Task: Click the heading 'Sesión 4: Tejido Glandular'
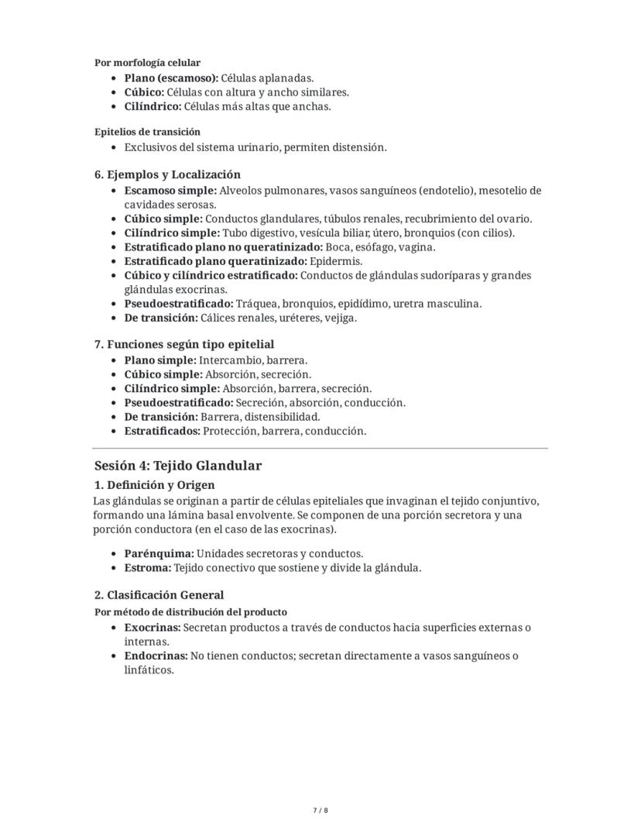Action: [178, 466]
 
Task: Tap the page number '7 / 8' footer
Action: [320, 811]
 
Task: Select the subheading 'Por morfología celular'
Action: [147, 63]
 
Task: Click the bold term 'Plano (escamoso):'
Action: [171, 78]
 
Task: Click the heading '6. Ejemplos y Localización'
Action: [167, 174]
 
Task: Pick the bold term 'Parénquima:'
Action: [159, 553]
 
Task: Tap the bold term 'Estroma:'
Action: [147, 567]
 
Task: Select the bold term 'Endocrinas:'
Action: [156, 656]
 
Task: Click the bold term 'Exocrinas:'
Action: [153, 628]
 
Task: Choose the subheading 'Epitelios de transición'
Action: [147, 132]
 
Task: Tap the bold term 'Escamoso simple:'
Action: [170, 191]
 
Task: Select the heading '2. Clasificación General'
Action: [159, 595]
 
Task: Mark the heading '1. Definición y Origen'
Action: [154, 485]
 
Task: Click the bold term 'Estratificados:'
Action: [163, 431]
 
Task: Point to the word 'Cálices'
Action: [221, 318]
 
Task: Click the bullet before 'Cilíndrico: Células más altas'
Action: [115, 107]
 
